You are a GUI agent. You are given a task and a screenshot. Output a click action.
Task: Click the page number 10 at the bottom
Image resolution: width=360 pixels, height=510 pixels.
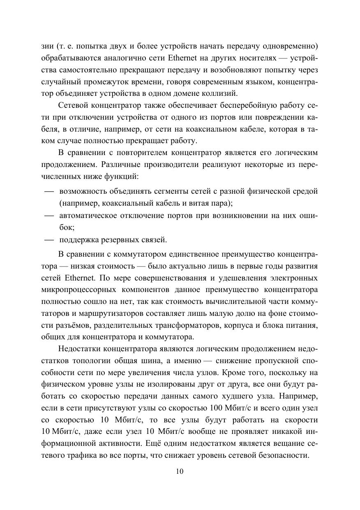[180, 471]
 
